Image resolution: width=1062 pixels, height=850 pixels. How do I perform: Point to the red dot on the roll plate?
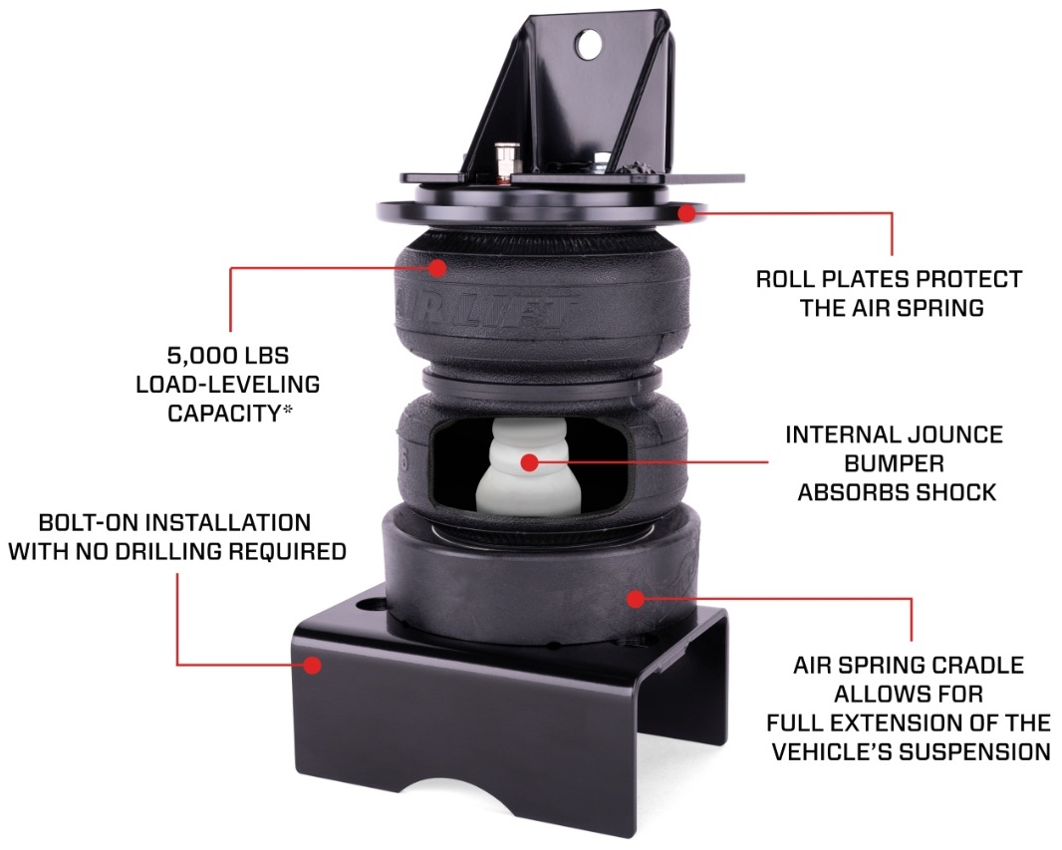point(685,211)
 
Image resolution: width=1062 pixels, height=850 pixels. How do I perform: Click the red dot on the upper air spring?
point(438,266)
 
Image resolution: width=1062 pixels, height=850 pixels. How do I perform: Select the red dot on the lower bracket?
point(313,664)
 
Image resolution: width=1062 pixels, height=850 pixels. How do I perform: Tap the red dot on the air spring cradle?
point(633,598)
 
